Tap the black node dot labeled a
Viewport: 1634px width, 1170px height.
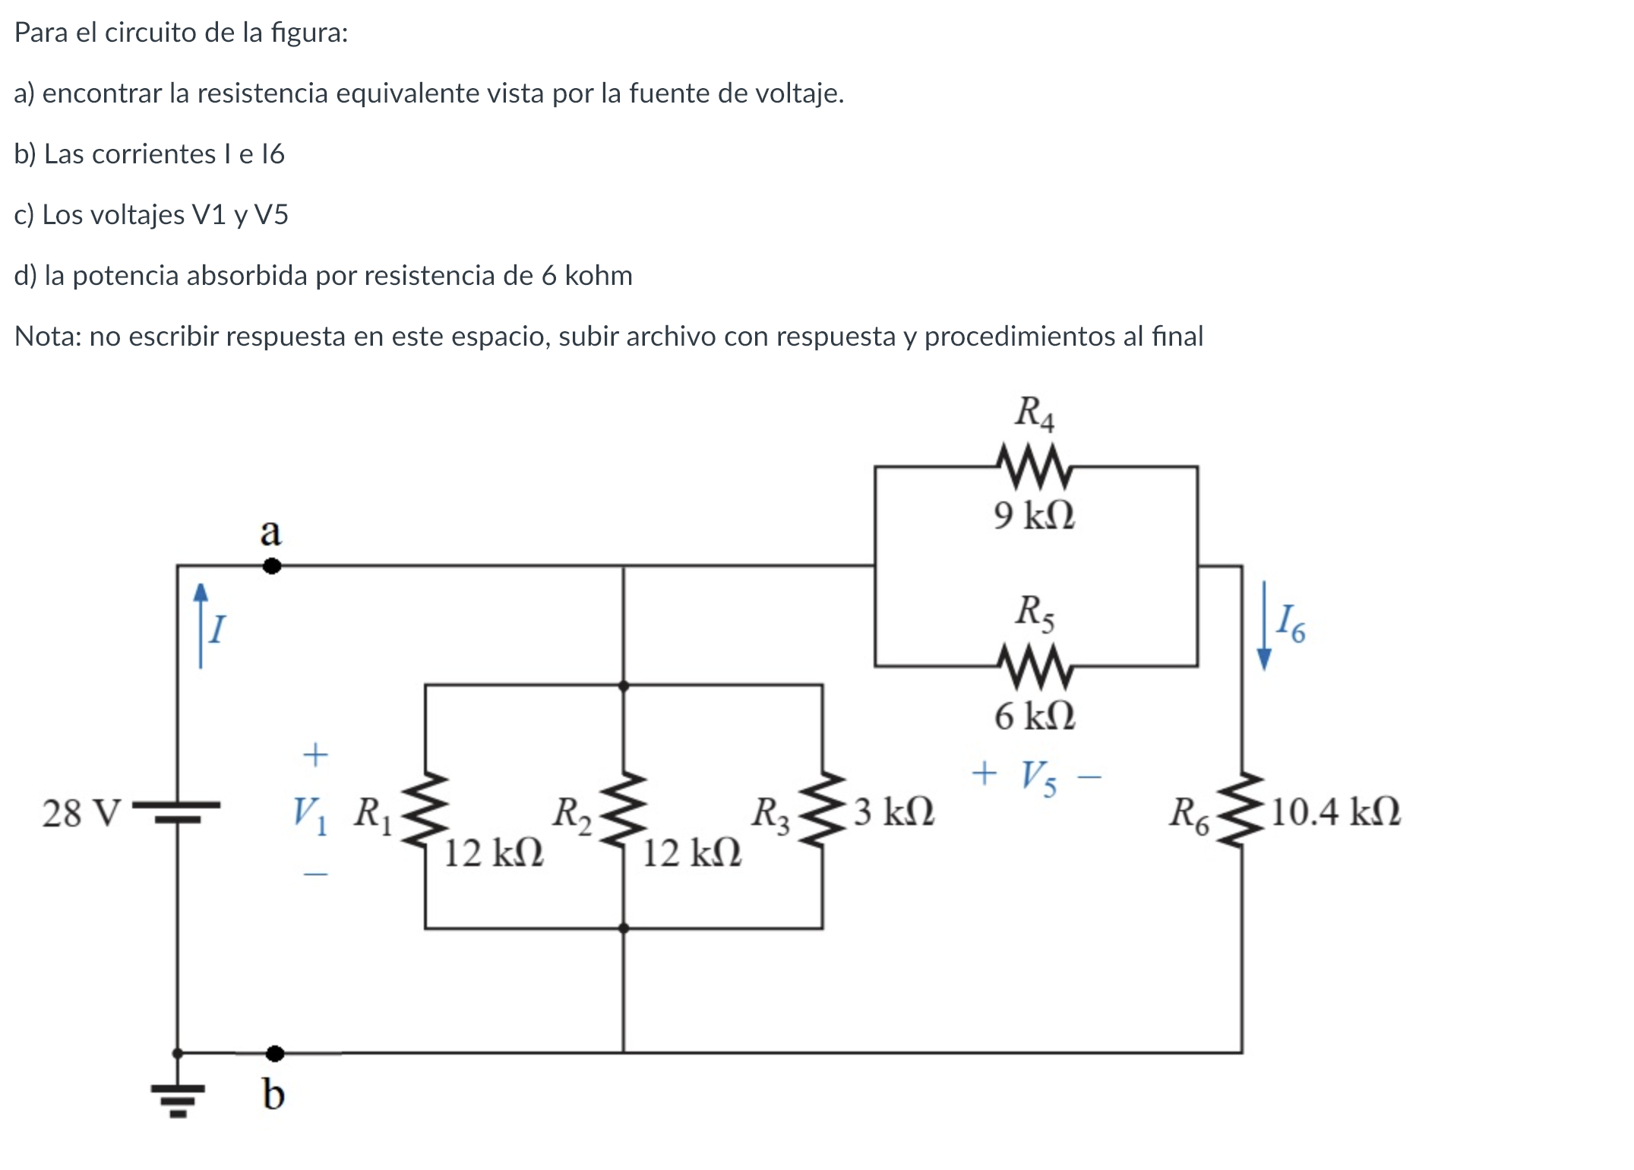[272, 566]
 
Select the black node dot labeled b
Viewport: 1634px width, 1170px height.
[275, 1053]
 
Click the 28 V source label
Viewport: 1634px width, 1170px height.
[81, 813]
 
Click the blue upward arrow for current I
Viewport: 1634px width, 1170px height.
[201, 625]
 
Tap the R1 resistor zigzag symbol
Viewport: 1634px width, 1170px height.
[425, 810]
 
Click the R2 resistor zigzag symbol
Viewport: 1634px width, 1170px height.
[624, 810]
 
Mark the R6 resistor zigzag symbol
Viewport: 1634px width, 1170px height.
[1242, 810]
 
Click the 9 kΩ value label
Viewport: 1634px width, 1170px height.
[1035, 515]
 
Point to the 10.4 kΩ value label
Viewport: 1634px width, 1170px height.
[1335, 811]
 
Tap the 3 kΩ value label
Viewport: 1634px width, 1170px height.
[894, 811]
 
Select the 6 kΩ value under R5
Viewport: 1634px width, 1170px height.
[1035, 716]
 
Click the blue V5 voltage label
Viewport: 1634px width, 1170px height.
[1038, 777]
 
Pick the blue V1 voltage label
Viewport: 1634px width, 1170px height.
[311, 814]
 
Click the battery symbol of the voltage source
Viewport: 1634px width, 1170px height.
[178, 811]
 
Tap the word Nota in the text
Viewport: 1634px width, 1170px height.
[47, 336]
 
